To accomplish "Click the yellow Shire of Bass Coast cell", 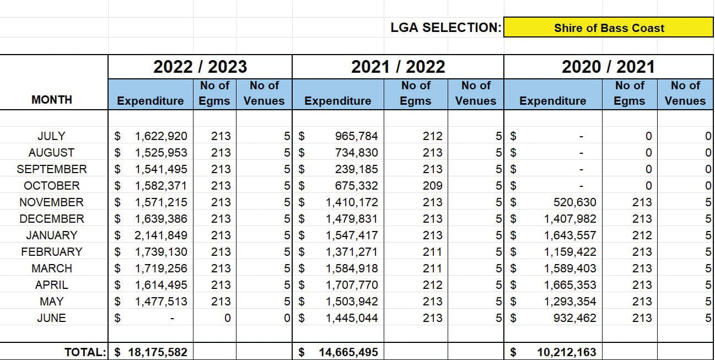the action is [609, 28].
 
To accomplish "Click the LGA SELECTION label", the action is [446, 28].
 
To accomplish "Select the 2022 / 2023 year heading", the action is [200, 67].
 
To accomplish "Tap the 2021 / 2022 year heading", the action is [398, 67].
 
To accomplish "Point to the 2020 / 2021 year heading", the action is [609, 67].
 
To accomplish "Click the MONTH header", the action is [52, 100].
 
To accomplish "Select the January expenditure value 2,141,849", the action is [161, 235].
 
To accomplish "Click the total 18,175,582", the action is [158, 352].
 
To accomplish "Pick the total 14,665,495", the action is [348, 352].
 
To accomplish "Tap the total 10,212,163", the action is [567, 352].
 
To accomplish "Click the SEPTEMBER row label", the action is [52, 169].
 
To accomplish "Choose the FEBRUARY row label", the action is [52, 252].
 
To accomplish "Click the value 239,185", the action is [356, 169].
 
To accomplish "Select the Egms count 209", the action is [433, 186].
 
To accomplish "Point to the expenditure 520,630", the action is [574, 202].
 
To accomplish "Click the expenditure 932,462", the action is [574, 318].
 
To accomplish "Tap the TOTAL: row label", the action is [85, 352].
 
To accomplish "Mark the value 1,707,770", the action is [352, 285].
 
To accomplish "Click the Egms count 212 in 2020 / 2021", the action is [642, 235].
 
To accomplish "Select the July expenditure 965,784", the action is [356, 136].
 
